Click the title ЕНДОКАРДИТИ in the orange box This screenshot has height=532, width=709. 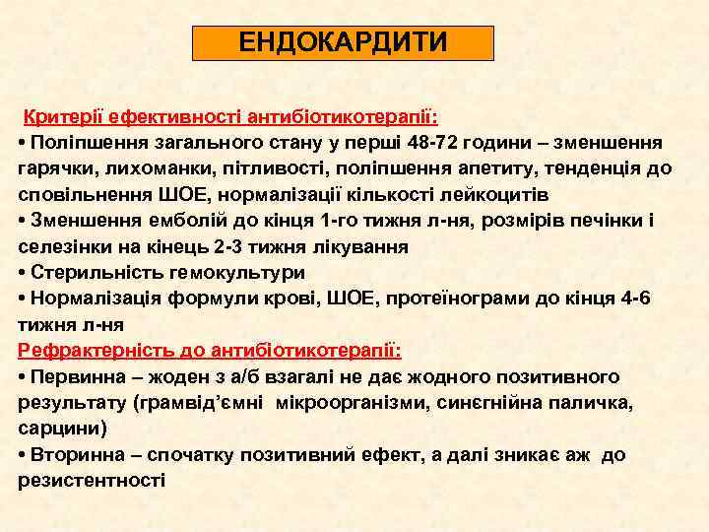pos(343,43)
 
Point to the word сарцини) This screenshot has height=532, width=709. pos(62,428)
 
